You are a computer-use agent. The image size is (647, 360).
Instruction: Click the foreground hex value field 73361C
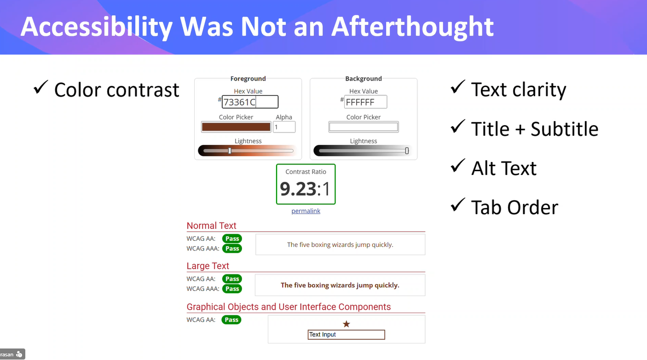point(250,102)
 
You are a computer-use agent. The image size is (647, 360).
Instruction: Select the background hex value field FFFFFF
point(365,102)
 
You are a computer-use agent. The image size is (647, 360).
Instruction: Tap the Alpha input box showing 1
point(284,127)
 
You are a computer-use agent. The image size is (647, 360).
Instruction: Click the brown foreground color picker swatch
point(236,127)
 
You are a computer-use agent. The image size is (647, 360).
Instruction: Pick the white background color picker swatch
point(364,127)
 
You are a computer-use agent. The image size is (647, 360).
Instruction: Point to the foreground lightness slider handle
point(230,151)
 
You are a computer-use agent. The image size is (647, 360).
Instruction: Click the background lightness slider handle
point(407,151)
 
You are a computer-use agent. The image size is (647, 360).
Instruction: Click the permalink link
point(306,211)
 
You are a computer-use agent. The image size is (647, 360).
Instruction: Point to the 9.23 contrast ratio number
point(298,189)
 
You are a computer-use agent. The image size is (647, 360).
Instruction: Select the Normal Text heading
point(211,226)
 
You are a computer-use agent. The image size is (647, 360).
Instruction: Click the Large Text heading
point(208,266)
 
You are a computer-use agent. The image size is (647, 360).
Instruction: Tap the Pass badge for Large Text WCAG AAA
point(232,289)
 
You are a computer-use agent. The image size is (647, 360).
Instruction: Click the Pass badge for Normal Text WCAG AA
point(232,238)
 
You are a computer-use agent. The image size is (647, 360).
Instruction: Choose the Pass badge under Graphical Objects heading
point(231,319)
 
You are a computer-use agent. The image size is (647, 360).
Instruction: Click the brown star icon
point(347,324)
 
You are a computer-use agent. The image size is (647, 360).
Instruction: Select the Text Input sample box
point(346,335)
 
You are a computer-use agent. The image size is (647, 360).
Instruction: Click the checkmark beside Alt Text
point(457,166)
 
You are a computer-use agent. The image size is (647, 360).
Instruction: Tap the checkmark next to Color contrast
point(40,87)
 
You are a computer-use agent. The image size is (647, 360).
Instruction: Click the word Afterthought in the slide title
point(412,27)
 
